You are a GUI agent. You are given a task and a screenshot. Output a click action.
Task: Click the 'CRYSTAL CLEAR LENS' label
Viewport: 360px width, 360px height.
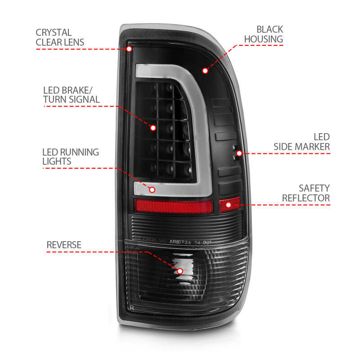pos(60,37)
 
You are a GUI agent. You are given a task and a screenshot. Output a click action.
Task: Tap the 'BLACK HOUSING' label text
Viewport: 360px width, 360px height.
pos(263,34)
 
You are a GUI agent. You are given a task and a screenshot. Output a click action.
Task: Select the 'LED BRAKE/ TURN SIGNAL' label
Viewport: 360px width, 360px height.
pos(71,94)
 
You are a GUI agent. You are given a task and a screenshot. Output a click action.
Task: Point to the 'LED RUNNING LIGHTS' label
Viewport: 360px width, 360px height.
pos(70,156)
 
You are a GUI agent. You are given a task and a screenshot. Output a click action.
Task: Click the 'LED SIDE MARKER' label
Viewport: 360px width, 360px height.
pos(301,141)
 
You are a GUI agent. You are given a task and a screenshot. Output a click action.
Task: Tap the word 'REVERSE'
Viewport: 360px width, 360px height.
pos(64,245)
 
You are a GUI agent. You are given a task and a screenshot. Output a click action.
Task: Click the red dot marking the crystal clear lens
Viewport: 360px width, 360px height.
pos(130,48)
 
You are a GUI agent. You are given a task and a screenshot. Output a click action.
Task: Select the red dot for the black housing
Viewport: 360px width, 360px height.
pos(205,71)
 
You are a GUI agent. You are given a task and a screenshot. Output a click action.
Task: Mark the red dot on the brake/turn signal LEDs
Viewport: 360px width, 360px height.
pos(153,128)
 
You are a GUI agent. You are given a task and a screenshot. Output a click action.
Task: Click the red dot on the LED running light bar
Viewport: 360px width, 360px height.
pos(152,189)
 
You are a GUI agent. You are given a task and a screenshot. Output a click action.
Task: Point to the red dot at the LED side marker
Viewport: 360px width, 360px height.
pos(239,153)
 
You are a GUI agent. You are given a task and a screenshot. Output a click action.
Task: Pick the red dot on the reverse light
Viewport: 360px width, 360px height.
pos(180,271)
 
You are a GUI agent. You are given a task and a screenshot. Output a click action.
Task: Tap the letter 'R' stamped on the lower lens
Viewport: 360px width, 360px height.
pos(131,307)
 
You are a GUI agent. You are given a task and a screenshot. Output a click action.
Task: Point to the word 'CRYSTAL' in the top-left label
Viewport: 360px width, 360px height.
pos(54,32)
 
